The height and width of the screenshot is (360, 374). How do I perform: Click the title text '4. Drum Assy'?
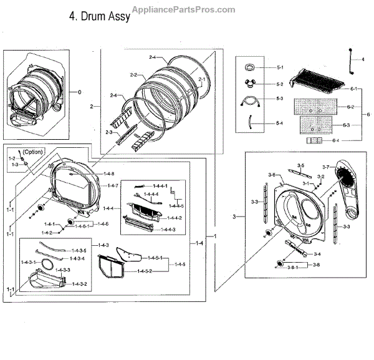coord(99,17)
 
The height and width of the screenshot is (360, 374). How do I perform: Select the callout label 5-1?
coord(280,67)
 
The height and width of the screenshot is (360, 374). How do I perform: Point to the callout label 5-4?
coord(280,123)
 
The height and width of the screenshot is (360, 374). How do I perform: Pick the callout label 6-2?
coord(352,107)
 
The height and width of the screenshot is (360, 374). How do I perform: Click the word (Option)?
coord(34,152)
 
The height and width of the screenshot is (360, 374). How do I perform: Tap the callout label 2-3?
coord(109,132)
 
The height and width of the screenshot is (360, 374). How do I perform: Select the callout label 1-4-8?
coord(110,173)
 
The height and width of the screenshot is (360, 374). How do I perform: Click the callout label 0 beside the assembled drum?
coord(79,92)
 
